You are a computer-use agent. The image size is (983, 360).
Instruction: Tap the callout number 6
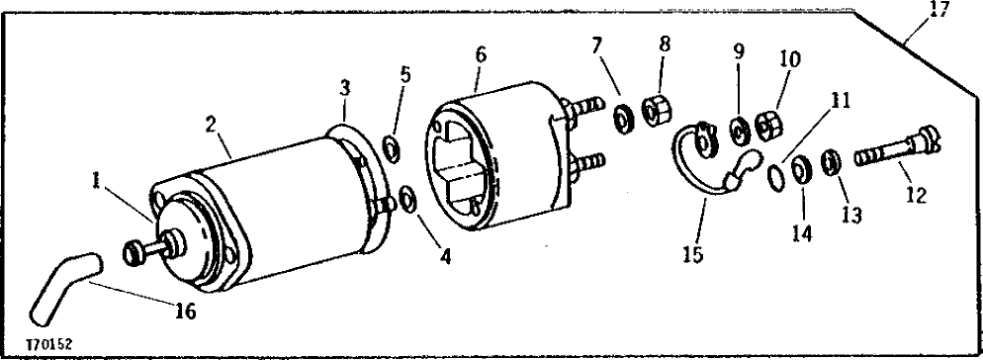[480, 55]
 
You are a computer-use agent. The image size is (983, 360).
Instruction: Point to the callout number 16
[186, 312]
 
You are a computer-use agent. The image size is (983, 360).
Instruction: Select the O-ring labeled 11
[778, 175]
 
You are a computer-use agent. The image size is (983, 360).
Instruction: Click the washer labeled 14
[802, 168]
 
